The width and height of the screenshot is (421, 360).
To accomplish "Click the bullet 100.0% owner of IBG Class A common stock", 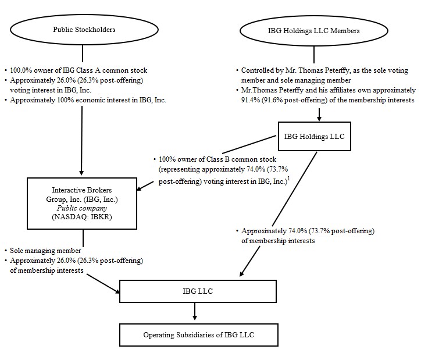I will click(x=79, y=70).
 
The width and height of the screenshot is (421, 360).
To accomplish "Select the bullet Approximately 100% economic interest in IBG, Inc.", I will click(x=87, y=100).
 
